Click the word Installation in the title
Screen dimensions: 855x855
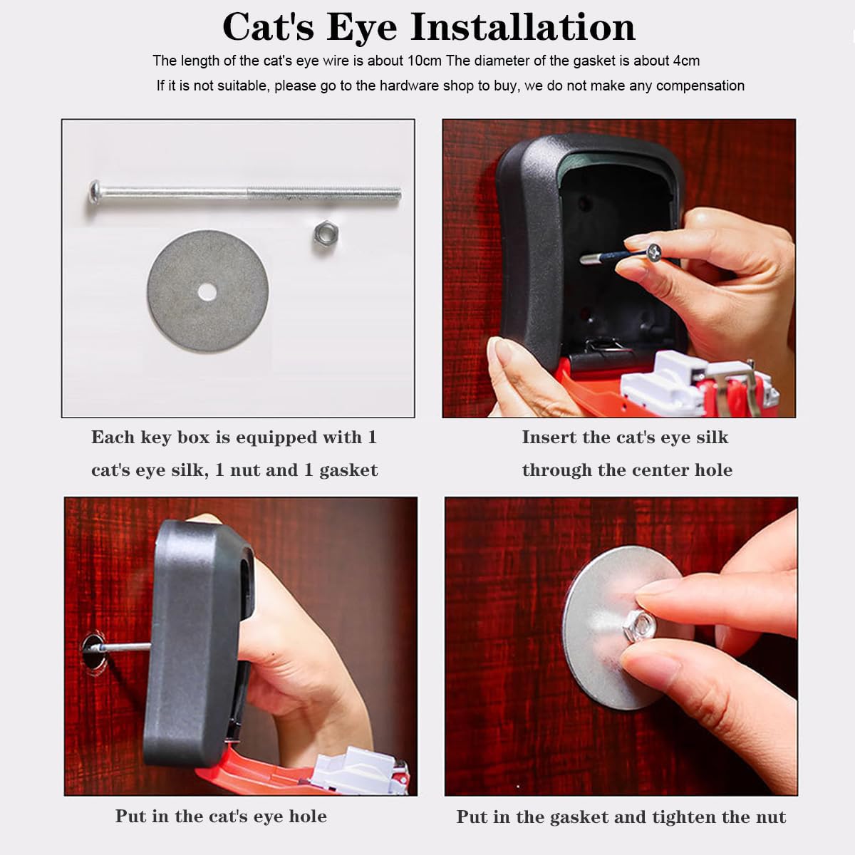click(x=523, y=28)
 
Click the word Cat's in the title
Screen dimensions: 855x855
click(x=269, y=28)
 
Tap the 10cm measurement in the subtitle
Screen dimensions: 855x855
click(x=425, y=61)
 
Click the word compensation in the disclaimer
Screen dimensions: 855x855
click(x=700, y=86)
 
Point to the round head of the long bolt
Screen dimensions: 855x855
click(x=95, y=191)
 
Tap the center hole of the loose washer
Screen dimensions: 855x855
click(x=207, y=292)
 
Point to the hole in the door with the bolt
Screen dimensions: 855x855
click(x=95, y=651)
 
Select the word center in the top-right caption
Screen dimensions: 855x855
click(x=657, y=470)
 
